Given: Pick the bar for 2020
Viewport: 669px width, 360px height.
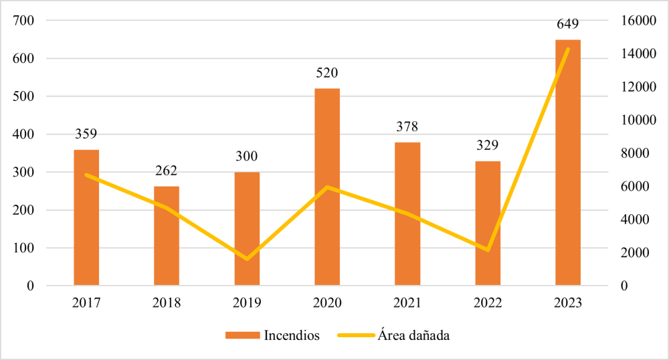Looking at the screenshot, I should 327,187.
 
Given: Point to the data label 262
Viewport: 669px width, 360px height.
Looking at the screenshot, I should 167,171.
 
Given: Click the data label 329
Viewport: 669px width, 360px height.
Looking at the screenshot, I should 488,146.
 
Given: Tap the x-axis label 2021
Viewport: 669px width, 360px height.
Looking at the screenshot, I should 407,303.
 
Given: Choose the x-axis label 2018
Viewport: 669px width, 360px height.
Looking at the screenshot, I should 167,303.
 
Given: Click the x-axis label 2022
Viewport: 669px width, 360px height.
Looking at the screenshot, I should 488,303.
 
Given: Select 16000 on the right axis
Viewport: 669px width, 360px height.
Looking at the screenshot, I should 635,21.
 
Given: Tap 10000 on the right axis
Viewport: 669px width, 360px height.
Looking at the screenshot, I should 635,120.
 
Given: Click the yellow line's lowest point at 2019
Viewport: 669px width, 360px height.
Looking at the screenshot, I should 247,259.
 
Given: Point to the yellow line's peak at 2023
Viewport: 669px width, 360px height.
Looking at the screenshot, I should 568,49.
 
